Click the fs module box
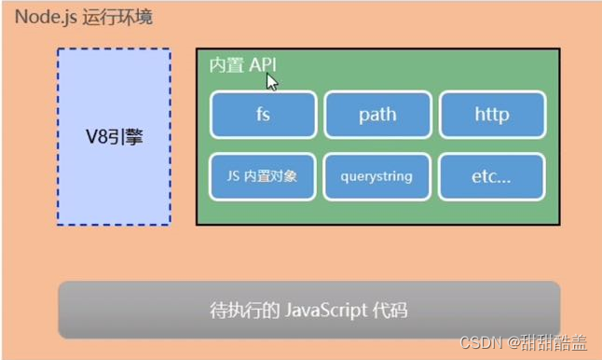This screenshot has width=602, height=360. click(x=263, y=115)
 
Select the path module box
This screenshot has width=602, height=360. click(x=377, y=115)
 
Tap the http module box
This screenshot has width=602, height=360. click(x=491, y=115)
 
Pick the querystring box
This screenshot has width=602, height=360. click(x=377, y=175)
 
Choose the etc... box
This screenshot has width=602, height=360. click(x=491, y=175)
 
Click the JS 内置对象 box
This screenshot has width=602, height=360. click(x=263, y=175)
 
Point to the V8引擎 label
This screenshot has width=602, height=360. click(x=114, y=138)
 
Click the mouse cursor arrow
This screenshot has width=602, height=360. click(x=271, y=80)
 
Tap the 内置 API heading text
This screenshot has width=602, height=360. click(x=242, y=64)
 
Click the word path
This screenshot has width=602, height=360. click(x=377, y=115)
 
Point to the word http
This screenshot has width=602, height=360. click(x=491, y=115)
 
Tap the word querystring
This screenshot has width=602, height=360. click(x=377, y=175)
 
